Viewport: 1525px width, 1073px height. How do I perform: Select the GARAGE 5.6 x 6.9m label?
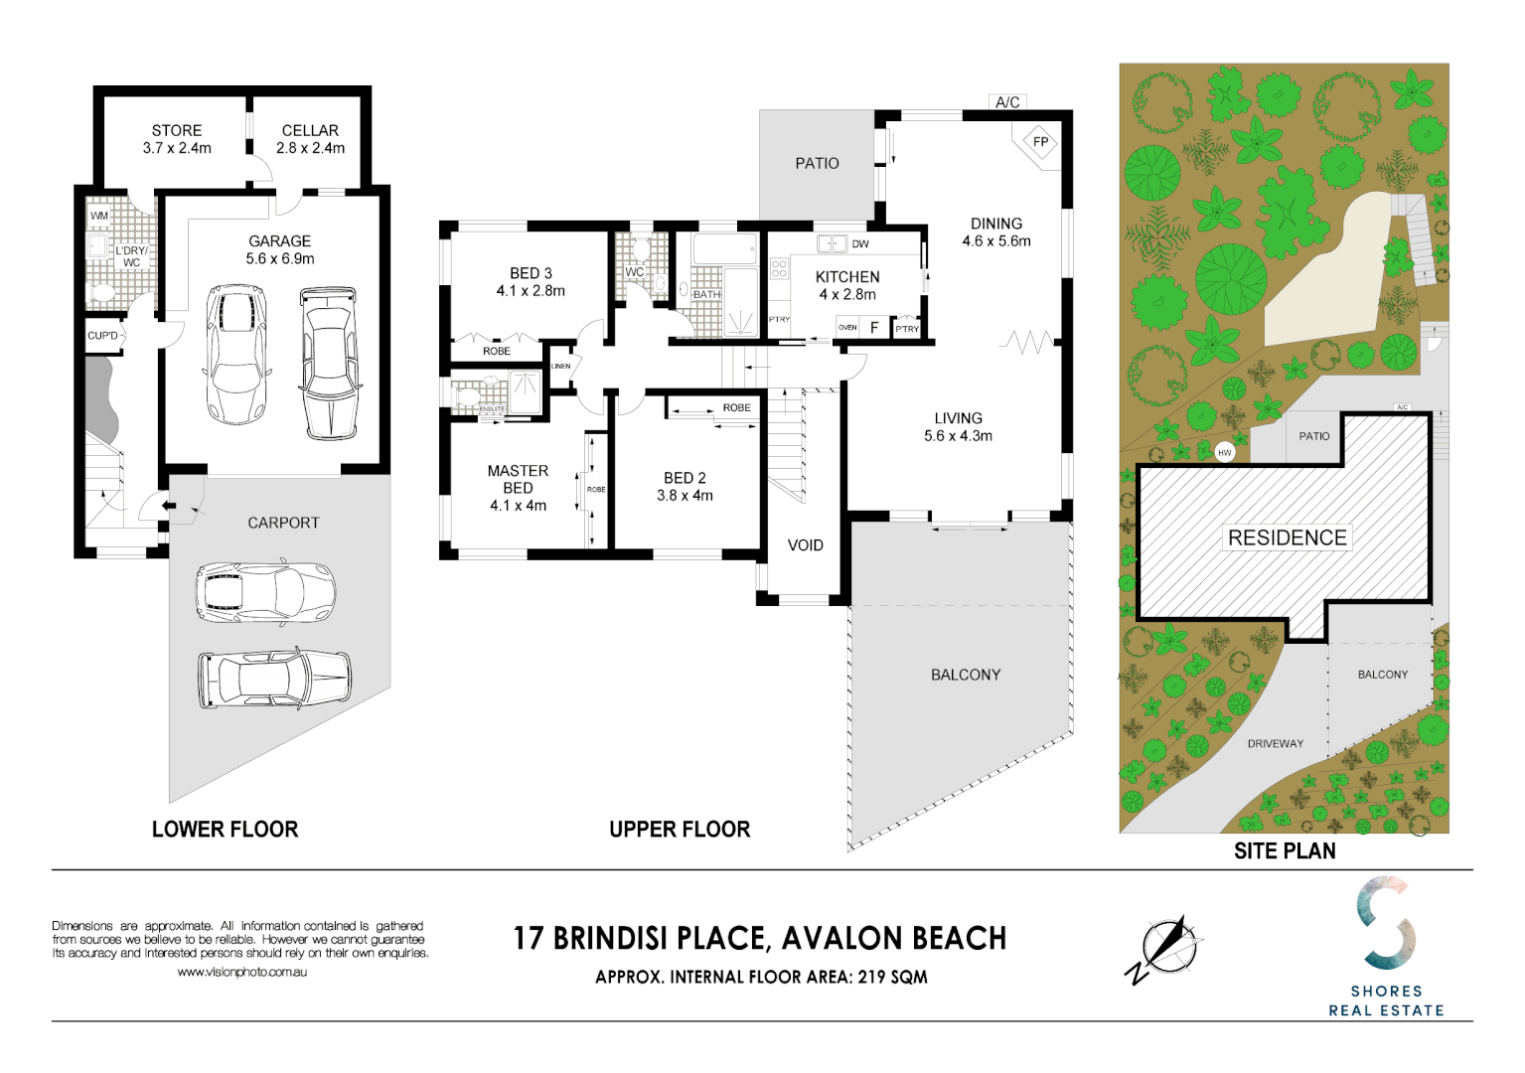pos(280,249)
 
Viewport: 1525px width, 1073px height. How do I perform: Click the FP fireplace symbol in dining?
pos(1040,141)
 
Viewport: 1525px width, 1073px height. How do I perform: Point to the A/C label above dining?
pos(1007,102)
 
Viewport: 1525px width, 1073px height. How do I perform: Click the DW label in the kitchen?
pos(860,243)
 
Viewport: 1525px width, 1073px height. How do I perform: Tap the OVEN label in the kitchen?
pos(847,327)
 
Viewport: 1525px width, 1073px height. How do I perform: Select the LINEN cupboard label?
pos(561,366)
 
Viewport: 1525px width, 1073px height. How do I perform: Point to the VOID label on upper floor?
pos(805,545)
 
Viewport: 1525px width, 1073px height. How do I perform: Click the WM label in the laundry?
pos(99,216)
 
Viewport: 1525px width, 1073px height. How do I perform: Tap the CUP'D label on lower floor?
pos(103,336)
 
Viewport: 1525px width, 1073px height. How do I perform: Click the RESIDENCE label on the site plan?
pos(1287,537)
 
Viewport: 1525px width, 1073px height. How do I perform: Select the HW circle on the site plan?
pos(1225,452)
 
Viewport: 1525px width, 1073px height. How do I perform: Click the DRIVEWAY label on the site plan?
pos(1275,743)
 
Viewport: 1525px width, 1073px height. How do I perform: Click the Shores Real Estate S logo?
pos(1386,923)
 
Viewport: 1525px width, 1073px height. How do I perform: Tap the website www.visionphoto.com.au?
pos(241,973)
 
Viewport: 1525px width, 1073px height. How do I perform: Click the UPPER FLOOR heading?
pos(680,830)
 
